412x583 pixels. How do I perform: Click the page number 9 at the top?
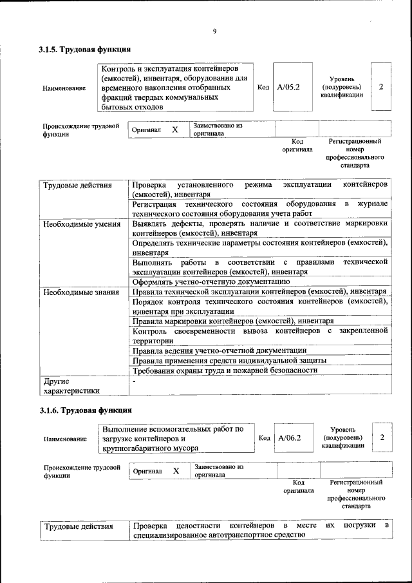coord(214,32)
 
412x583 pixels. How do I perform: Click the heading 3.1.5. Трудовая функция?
coord(85,50)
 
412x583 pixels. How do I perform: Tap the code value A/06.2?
coord(290,438)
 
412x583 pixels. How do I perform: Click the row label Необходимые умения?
coord(82,224)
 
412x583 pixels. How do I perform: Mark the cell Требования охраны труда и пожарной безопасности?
coord(225,370)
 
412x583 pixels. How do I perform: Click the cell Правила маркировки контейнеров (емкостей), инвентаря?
coord(232,320)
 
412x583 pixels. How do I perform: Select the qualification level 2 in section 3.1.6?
coord(382,438)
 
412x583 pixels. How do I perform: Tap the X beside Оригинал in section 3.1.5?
coord(174,129)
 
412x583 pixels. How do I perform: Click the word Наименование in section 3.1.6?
coord(65,439)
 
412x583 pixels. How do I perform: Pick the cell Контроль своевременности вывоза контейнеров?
coord(259,335)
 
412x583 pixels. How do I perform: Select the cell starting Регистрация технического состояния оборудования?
coord(259,208)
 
